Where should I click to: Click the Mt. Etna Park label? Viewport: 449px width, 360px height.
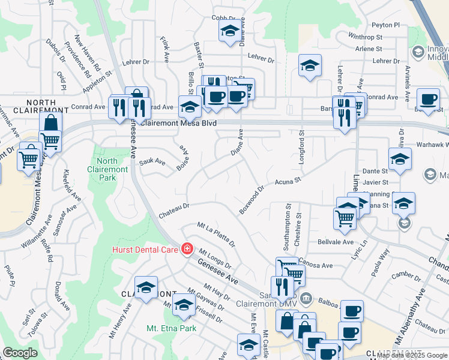pyautogui.click(x=171, y=328)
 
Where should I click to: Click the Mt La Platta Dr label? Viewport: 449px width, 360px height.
pyautogui.click(x=216, y=234)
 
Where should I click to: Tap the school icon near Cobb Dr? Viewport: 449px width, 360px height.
pyautogui.click(x=229, y=31)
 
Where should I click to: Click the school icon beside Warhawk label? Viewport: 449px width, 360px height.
pyautogui.click(x=400, y=160)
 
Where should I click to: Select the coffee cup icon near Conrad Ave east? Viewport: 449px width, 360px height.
pyautogui.click(x=429, y=99)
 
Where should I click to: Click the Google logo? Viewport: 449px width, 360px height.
pyautogui.click(x=20, y=353)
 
